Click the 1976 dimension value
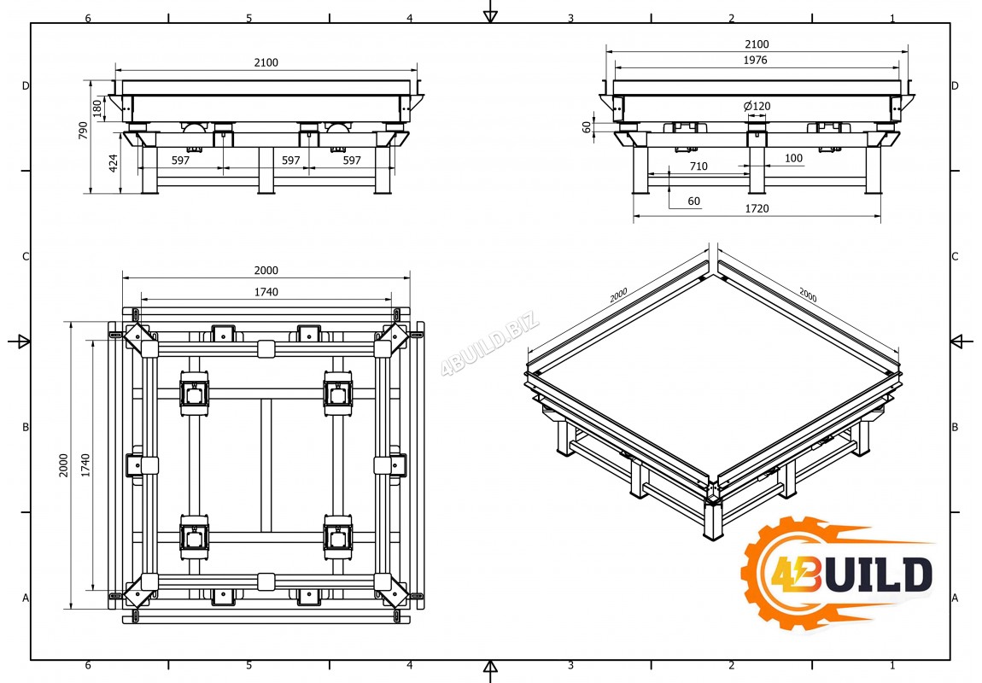756,60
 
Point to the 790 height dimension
84,130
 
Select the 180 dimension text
97,108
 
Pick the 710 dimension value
699,166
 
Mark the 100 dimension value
793,158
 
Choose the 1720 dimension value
757,208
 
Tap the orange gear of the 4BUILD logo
779,574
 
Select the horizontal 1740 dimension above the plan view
266,292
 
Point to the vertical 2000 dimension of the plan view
64,464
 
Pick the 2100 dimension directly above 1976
757,44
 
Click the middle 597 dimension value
291,160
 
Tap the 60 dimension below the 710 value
693,201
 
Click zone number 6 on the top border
88,18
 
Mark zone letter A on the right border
955,598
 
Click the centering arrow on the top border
490,15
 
